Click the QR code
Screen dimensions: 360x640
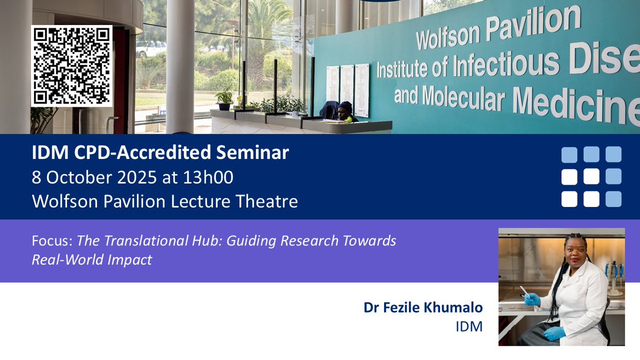[71, 66]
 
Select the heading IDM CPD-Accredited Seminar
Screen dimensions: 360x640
[160, 153]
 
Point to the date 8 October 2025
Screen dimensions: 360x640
[91, 177]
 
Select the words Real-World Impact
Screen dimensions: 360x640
[92, 260]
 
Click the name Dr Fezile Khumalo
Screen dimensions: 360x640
[423, 308]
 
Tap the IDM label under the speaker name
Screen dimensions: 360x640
[469, 326]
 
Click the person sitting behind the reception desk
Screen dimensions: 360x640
[345, 111]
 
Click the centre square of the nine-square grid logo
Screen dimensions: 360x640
[591, 177]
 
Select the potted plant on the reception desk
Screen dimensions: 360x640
[225, 100]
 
